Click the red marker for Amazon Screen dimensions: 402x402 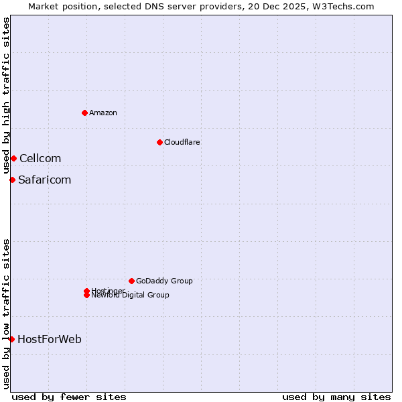tap(84, 113)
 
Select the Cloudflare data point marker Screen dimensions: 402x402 tap(159, 142)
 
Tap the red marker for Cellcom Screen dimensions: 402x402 tap(13, 158)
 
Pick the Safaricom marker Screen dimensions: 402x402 tap(12, 180)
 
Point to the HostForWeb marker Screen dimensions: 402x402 tap(11, 339)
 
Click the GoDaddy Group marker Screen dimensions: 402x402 tap(131, 281)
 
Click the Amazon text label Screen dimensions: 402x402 tap(103, 113)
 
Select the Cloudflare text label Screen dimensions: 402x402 tap(182, 142)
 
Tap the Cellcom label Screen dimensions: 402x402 tap(40, 158)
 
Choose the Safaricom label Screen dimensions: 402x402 tap(44, 180)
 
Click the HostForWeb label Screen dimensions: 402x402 tap(50, 339)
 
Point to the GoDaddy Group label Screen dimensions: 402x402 tap(164, 281)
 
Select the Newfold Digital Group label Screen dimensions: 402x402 tap(131, 295)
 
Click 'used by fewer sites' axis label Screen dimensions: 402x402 tap(69, 397)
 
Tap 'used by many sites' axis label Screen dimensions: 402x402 tap(336, 397)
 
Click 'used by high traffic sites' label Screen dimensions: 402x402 tap(7, 95)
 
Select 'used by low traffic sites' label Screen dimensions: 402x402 tap(7, 313)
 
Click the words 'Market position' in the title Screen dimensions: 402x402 tap(59, 6)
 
